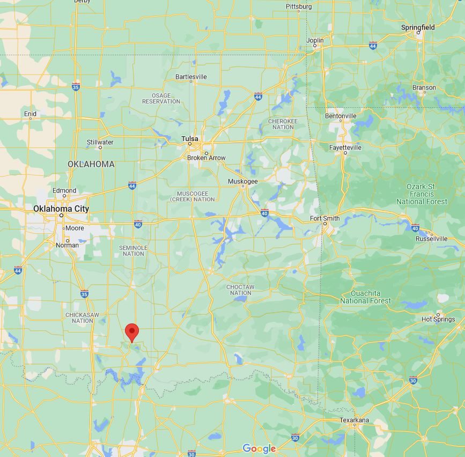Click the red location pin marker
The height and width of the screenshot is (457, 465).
pyautogui.click(x=132, y=332)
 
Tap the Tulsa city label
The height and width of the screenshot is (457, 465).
pyautogui.click(x=189, y=139)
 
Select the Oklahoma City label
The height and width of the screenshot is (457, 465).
pyautogui.click(x=61, y=209)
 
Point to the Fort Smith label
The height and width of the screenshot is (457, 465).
pyautogui.click(x=324, y=218)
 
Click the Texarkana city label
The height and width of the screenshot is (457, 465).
pyautogui.click(x=354, y=420)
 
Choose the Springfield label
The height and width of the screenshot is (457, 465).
pyautogui.click(x=418, y=27)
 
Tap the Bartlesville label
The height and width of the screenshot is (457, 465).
pyautogui.click(x=191, y=77)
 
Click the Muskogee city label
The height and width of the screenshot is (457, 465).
pyautogui.click(x=243, y=181)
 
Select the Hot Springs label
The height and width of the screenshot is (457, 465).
pyautogui.click(x=438, y=319)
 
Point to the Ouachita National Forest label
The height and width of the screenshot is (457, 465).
pyautogui.click(x=366, y=297)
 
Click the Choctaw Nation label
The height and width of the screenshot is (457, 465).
pyautogui.click(x=240, y=290)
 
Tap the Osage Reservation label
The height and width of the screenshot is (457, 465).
pyautogui.click(x=161, y=99)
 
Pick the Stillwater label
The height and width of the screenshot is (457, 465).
pyautogui.click(x=100, y=143)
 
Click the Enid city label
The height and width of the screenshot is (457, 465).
pyautogui.click(x=30, y=114)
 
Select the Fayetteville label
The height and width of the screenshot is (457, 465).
pyautogui.click(x=345, y=148)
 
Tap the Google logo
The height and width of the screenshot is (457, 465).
pyautogui.click(x=259, y=448)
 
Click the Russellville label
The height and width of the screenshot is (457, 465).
pyautogui.click(x=431, y=239)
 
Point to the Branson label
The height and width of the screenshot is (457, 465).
pyautogui.click(x=424, y=87)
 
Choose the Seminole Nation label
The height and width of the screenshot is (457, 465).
pyautogui.click(x=133, y=250)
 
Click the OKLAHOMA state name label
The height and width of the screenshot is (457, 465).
pyautogui.click(x=91, y=164)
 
